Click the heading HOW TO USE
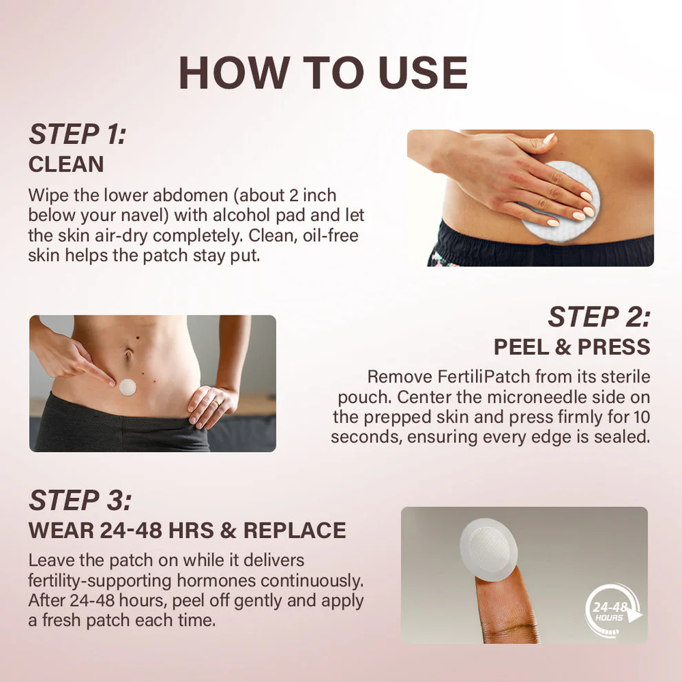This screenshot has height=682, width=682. click(323, 73)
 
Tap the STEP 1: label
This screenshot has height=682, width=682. click(77, 135)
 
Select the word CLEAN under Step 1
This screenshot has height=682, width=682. click(66, 164)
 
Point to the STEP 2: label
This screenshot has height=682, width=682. click(599, 317)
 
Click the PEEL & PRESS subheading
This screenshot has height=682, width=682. click(572, 347)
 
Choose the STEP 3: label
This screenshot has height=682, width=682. click(79, 501)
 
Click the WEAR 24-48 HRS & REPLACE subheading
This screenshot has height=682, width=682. click(187, 530)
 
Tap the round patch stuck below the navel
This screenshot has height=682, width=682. click(127, 386)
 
